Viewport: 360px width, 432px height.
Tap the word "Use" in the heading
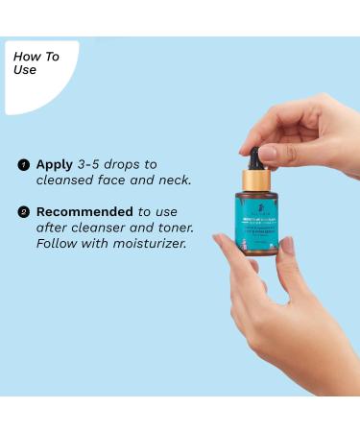(x=26, y=70)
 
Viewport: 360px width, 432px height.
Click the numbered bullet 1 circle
(x=23, y=165)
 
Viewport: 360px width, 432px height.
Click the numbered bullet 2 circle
(x=23, y=212)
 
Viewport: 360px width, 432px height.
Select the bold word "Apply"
(x=55, y=165)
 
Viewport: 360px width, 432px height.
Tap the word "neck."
(x=172, y=180)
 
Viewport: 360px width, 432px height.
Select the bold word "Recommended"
(x=84, y=211)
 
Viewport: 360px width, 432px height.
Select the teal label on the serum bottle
(x=259, y=223)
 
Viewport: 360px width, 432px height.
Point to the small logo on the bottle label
(x=258, y=204)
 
